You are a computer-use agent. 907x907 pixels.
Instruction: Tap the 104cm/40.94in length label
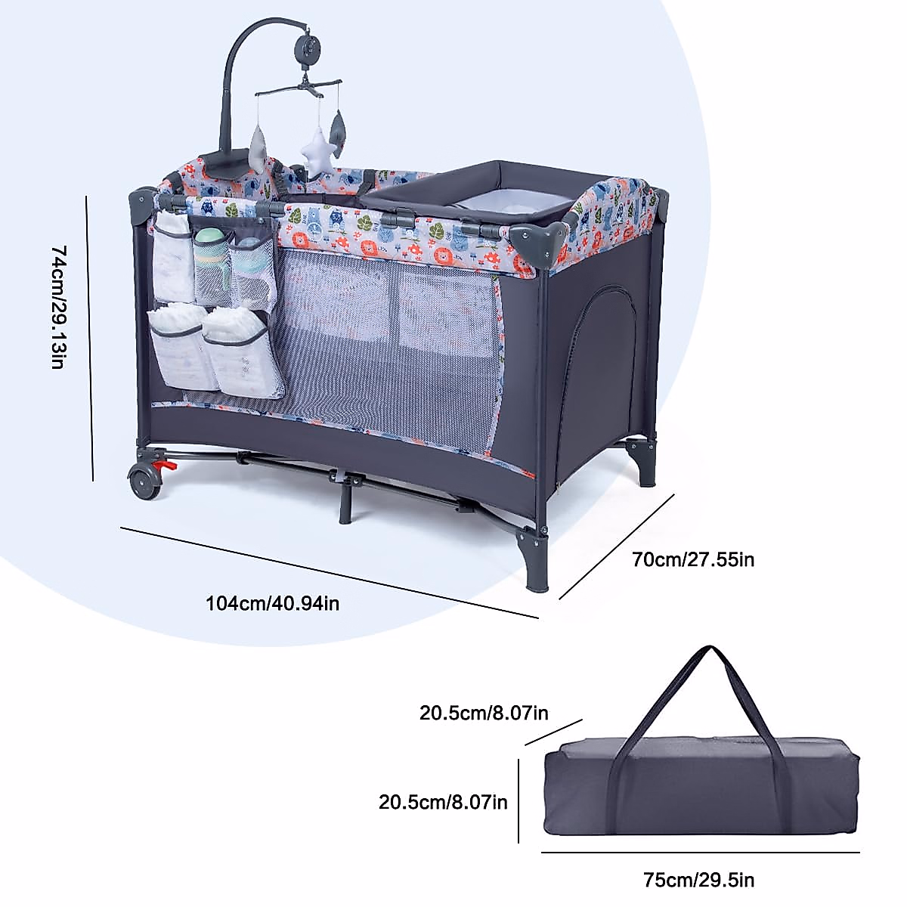272,603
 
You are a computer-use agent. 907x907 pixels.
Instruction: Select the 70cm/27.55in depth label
692,560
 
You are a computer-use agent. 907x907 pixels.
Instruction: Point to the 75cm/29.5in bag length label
698,881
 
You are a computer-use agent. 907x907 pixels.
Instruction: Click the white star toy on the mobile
316,147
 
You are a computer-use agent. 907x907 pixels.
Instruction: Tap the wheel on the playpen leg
144,481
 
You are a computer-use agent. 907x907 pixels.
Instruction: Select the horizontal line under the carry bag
700,853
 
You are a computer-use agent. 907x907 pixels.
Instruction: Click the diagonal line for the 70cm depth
616,546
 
